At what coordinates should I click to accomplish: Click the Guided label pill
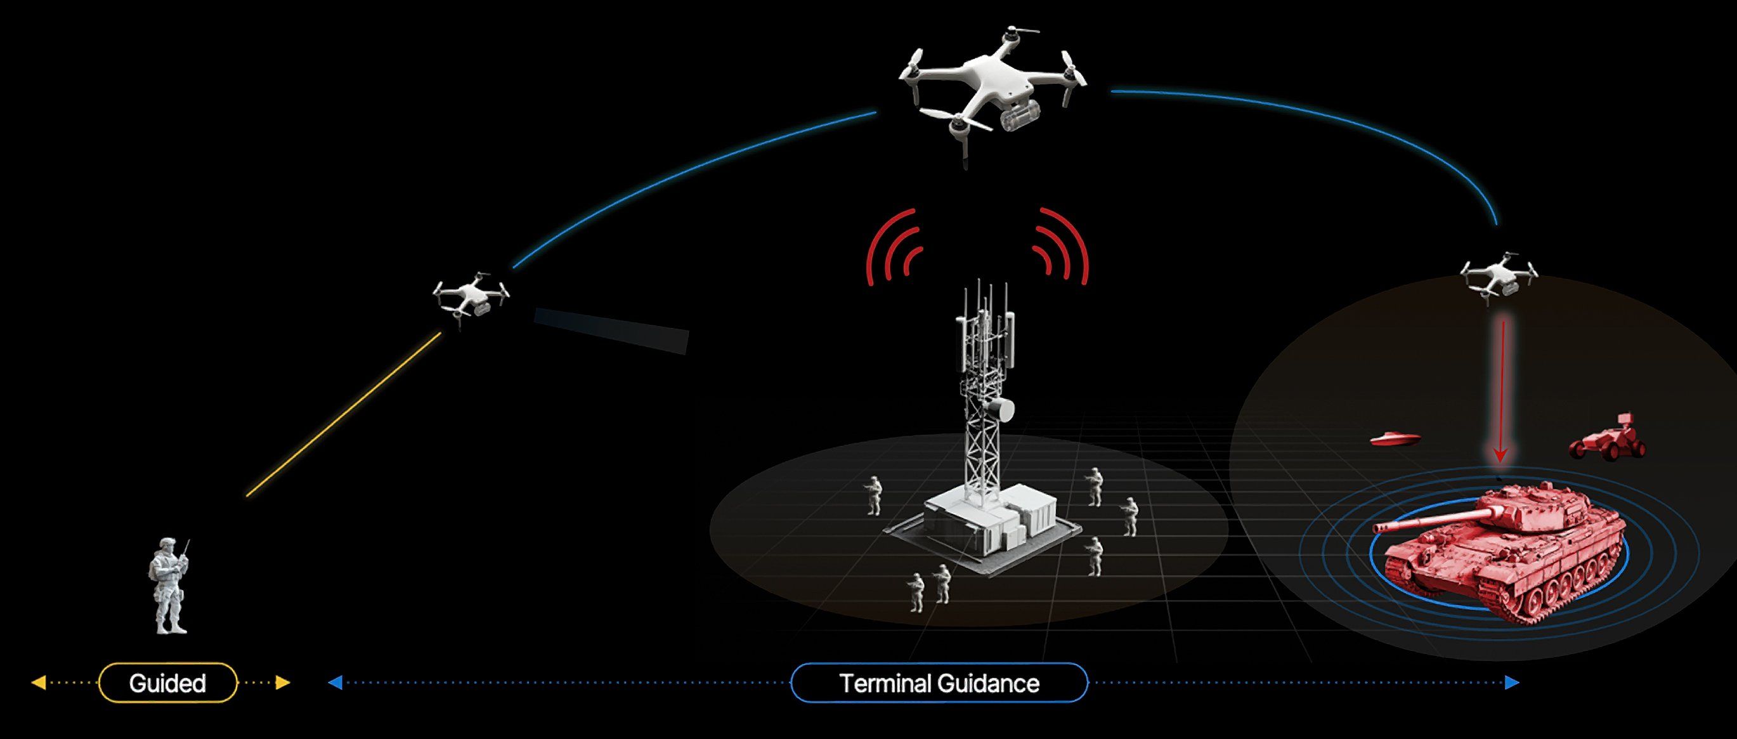tap(168, 683)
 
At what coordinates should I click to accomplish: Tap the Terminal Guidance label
tap(939, 683)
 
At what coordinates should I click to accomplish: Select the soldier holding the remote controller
tap(169, 586)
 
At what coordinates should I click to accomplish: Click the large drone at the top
tap(992, 91)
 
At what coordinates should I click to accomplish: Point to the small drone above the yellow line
tap(471, 297)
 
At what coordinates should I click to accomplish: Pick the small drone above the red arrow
tap(1499, 277)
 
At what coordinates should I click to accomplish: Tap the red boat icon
tap(1395, 439)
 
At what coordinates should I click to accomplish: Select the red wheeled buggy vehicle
tap(1608, 439)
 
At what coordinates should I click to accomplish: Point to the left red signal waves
tap(894, 247)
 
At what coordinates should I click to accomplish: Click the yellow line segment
tap(344, 414)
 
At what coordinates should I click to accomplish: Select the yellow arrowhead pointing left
tap(39, 683)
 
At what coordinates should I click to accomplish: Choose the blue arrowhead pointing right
tap(1513, 683)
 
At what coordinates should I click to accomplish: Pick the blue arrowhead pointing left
tap(335, 683)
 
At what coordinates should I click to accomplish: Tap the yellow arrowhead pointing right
tap(283, 683)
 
